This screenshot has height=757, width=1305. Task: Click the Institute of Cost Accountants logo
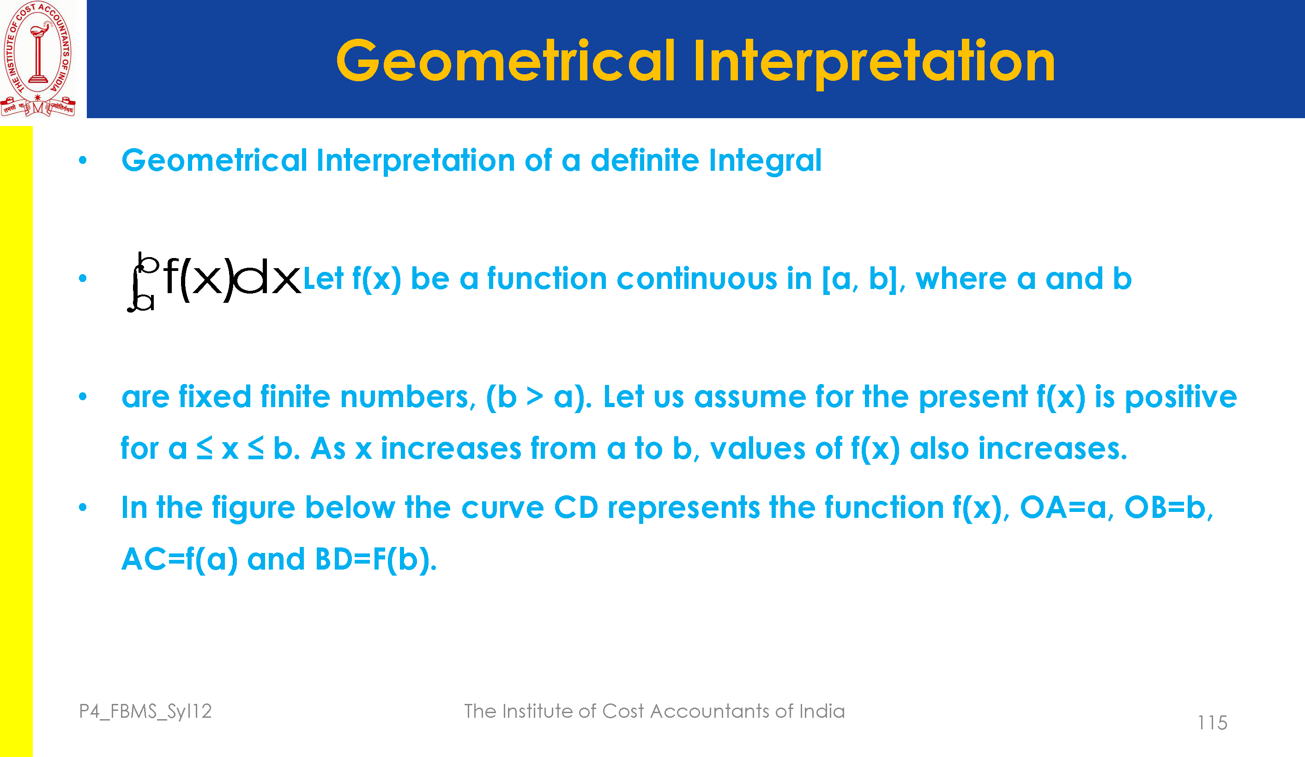tap(38, 59)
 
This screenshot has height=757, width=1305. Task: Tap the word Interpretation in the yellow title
tap(874, 63)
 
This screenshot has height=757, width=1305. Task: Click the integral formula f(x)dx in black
tap(214, 282)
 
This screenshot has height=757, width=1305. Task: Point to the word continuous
tap(696, 279)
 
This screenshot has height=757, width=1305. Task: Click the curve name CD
tap(576, 507)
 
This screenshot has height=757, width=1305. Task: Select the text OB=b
tap(1169, 507)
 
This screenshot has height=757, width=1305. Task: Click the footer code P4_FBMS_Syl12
tap(145, 711)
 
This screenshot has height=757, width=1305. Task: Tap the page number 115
tap(1212, 723)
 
